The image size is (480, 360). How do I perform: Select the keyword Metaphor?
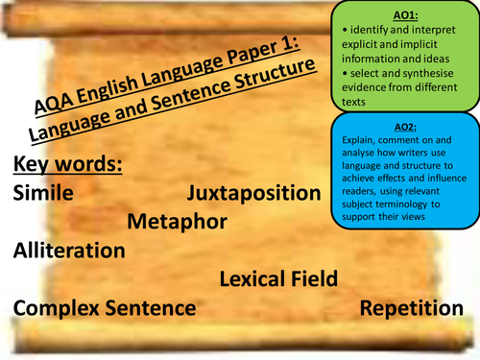pyautogui.click(x=177, y=223)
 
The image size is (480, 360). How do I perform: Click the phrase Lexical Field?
pyautogui.click(x=278, y=279)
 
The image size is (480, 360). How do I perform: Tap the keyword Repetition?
pyautogui.click(x=412, y=308)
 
